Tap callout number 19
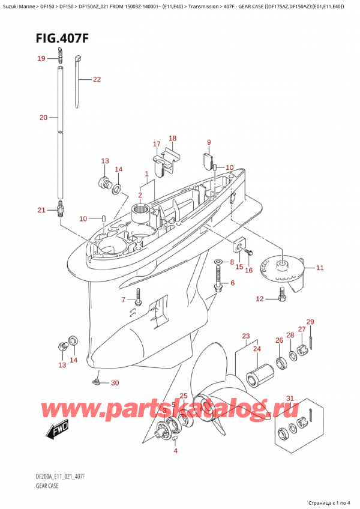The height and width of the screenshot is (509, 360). [41, 58]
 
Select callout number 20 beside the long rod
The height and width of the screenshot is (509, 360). [43, 118]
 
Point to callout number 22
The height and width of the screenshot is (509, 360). [97, 79]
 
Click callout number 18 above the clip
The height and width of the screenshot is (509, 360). [173, 139]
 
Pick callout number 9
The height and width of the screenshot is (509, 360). [209, 142]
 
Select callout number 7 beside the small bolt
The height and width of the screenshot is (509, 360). [124, 300]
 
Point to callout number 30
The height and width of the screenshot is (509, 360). [115, 383]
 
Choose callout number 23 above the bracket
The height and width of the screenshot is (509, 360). [246, 336]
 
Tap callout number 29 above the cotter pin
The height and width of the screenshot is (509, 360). [310, 322]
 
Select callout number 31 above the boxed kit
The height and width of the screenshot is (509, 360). [290, 399]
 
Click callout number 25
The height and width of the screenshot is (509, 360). [184, 396]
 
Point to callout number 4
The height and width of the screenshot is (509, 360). [175, 451]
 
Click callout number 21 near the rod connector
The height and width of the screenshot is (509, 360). [41, 209]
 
